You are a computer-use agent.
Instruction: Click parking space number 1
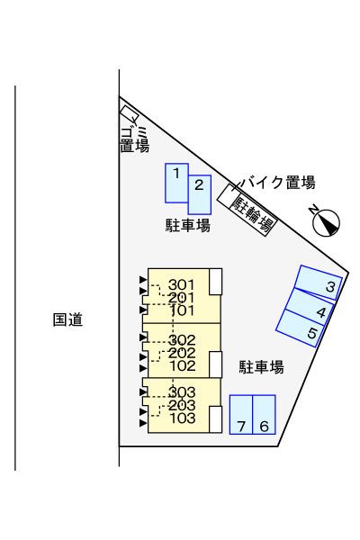[176, 182]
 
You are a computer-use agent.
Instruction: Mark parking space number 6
[264, 416]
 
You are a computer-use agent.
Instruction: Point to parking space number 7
[241, 416]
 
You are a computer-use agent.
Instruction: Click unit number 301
[181, 285]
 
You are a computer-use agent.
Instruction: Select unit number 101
[181, 310]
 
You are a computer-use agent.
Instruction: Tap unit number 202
[182, 353]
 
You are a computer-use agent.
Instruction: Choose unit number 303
[182, 392]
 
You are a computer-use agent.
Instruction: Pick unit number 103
[182, 418]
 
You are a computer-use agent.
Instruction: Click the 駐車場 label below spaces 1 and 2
[188, 226]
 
